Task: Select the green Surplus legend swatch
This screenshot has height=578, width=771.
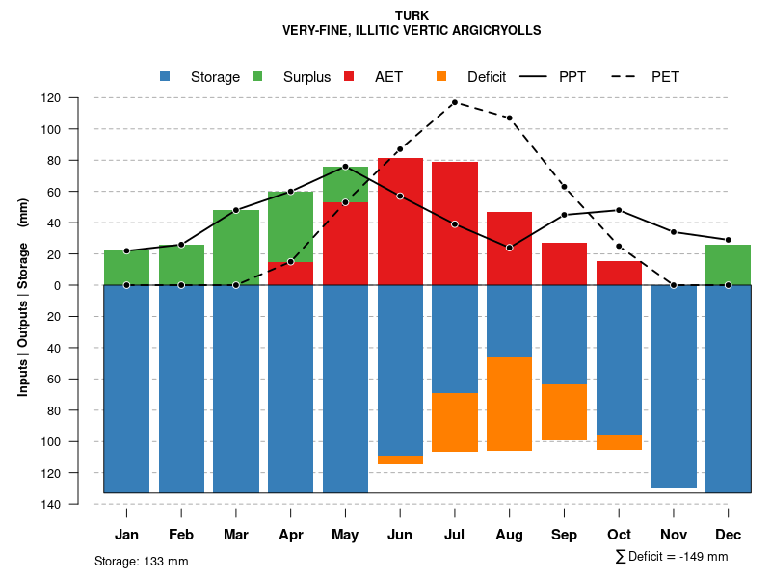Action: click(257, 76)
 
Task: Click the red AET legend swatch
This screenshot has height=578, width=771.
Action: click(349, 76)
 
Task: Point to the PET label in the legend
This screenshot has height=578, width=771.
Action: click(665, 77)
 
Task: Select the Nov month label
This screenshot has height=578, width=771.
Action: click(674, 535)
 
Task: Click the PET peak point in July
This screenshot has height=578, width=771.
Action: click(454, 102)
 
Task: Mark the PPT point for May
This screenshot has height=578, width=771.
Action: click(345, 167)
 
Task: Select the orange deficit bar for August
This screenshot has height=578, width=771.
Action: click(509, 404)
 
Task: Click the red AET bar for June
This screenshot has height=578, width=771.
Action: click(400, 222)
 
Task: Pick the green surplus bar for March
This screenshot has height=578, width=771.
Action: click(236, 248)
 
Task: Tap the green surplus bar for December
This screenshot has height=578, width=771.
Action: click(728, 265)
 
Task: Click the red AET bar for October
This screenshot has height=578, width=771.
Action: click(619, 274)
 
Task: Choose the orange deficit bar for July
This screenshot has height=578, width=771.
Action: click(454, 422)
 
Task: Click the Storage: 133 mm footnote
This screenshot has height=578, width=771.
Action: click(142, 561)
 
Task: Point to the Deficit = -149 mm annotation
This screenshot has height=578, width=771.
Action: click(672, 557)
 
